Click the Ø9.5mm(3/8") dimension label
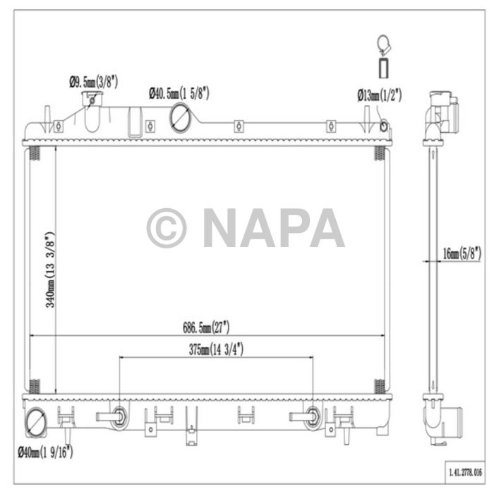[93, 82]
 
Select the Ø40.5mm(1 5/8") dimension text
[179, 92]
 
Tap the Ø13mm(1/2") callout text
[379, 94]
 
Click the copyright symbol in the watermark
[167, 227]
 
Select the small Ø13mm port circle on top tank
[384, 126]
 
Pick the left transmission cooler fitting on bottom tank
[119, 416]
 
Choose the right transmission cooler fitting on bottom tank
[313, 416]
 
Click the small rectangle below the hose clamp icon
[383, 69]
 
